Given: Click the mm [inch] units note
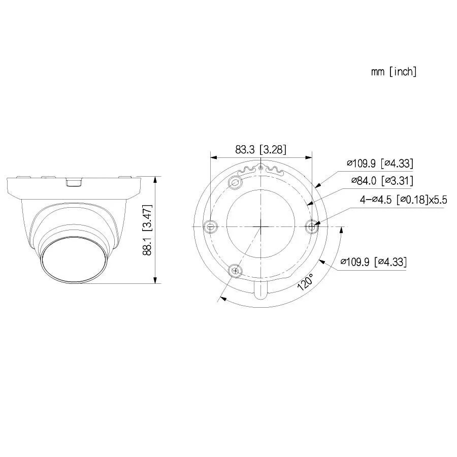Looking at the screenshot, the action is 394,72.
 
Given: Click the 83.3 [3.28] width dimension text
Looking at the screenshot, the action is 260,150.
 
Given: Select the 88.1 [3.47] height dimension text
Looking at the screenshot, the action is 147,230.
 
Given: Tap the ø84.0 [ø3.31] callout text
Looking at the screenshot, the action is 382,181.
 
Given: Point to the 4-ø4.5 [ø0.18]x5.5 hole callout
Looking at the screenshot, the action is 403,200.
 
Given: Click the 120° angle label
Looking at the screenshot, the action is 305,282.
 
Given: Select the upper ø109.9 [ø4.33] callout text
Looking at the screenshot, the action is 380,163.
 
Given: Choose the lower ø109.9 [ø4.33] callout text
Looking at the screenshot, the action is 373,262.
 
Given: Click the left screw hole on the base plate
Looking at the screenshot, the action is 210,226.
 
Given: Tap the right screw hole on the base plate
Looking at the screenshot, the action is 312,226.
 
